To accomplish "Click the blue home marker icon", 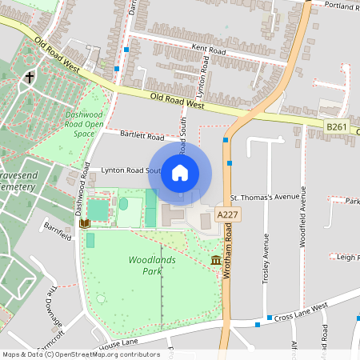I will (x=180, y=173).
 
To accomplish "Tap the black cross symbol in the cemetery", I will (x=30, y=78).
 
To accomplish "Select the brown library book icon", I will (x=84, y=222).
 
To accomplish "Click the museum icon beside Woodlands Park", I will (x=216, y=260).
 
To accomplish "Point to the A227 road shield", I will (x=228, y=214).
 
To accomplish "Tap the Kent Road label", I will (x=210, y=49).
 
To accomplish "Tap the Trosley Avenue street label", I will (x=266, y=258).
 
